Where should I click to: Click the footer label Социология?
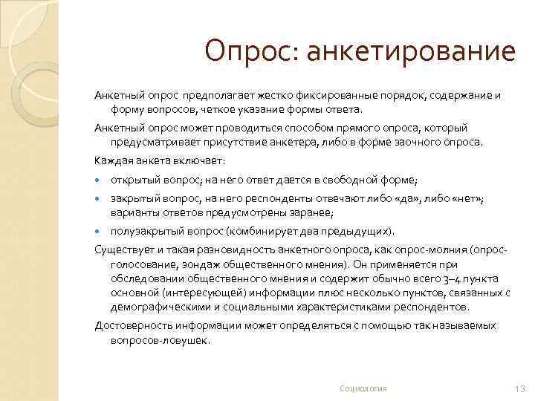(x=363, y=388)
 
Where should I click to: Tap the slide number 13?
(x=519, y=388)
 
